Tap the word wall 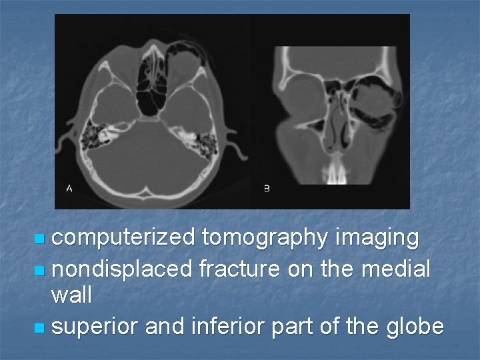coord(71,295)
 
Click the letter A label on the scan coord(69,189)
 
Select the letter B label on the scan coord(267,189)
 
